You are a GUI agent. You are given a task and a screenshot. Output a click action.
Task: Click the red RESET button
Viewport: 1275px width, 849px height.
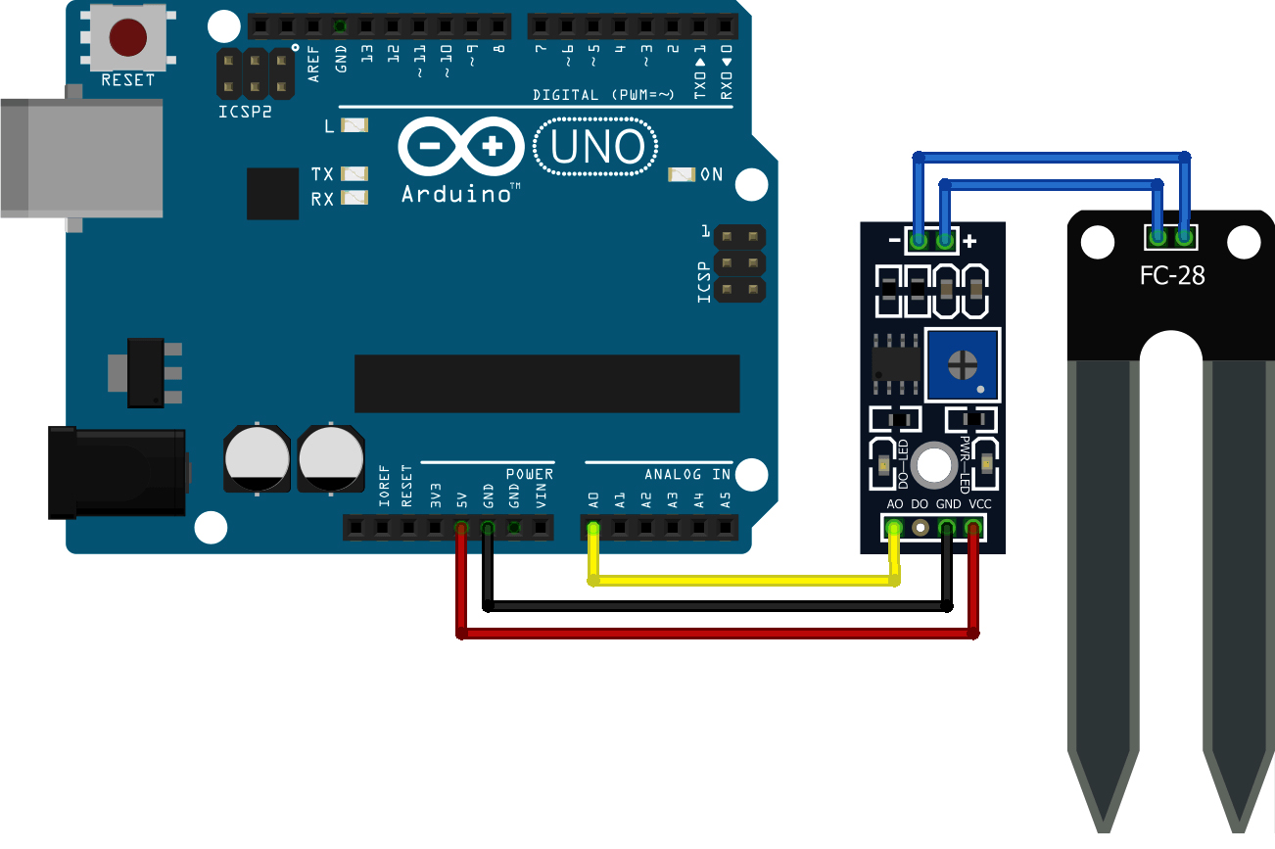click(128, 37)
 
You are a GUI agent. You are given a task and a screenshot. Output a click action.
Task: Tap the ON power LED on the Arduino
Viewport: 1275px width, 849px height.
click(681, 175)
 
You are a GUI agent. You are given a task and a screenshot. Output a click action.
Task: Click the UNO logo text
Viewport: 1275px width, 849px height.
click(596, 148)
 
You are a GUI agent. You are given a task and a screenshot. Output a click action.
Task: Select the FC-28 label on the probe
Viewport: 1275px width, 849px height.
click(1172, 275)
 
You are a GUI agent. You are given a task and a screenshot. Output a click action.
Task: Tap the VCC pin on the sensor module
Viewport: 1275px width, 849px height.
click(972, 530)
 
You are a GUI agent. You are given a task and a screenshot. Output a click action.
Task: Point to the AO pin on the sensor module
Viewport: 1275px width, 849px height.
click(893, 530)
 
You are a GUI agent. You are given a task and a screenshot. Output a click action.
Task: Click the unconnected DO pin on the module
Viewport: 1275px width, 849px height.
click(920, 530)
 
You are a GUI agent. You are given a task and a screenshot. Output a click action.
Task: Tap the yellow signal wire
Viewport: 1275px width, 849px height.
click(744, 581)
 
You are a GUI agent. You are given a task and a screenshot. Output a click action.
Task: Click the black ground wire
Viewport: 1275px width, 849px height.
click(715, 607)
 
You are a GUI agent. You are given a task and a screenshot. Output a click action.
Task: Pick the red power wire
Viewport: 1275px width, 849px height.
click(715, 635)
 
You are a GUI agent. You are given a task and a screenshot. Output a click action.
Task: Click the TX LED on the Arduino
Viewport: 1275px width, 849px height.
click(354, 174)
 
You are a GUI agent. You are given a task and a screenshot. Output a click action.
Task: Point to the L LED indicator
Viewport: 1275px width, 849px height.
click(354, 125)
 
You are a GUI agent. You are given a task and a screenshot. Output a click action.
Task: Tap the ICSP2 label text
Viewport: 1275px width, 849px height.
click(245, 111)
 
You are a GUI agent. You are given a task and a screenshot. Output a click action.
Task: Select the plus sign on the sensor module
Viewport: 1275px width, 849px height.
click(969, 241)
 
